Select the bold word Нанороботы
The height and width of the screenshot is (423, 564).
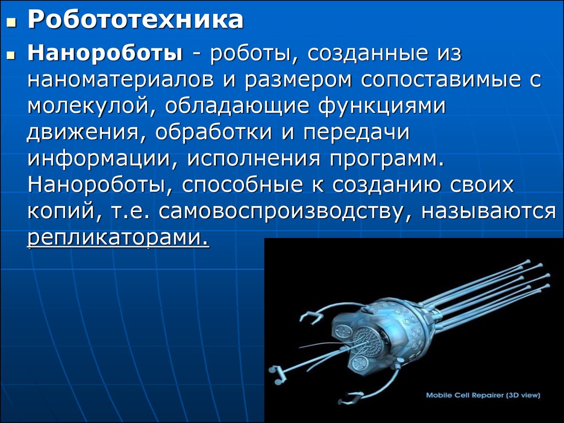click(x=105, y=53)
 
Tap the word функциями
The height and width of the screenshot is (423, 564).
click(x=381, y=106)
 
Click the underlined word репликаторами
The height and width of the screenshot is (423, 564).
click(x=118, y=238)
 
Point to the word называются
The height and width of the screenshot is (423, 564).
click(x=489, y=211)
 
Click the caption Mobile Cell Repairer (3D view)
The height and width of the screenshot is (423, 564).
click(x=483, y=395)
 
